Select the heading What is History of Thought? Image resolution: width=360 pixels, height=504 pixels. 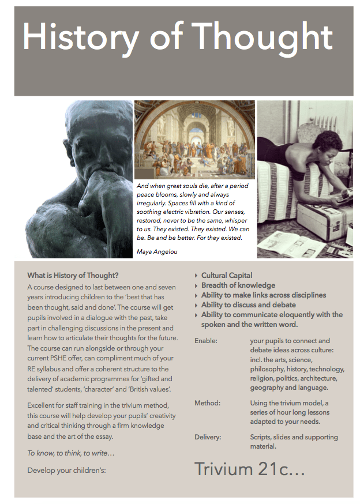tap(73, 275)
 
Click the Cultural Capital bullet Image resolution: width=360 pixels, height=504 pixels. tap(227, 276)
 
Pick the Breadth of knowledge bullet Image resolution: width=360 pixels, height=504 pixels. tap(238, 285)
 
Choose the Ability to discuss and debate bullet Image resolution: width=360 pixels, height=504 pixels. tap(248, 305)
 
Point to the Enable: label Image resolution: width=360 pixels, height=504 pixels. tap(206, 341)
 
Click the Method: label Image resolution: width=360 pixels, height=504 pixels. tap(208, 403)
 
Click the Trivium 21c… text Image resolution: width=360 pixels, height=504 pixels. tap(249, 469)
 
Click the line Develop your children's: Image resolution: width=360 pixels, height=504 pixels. tap(66, 470)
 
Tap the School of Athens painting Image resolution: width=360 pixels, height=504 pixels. tap(194, 140)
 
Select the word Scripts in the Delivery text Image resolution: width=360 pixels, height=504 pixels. tap(262, 437)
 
